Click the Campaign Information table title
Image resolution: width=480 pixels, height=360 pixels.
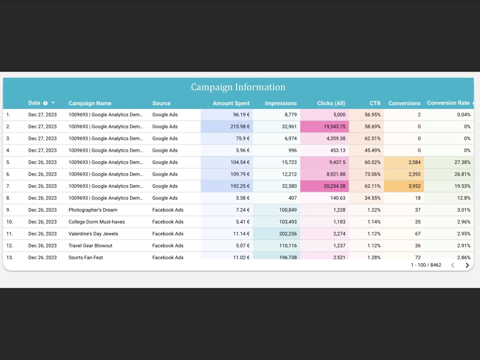click(x=238, y=87)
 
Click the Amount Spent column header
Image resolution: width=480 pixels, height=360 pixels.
click(x=231, y=103)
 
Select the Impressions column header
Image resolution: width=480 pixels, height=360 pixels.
click(x=281, y=103)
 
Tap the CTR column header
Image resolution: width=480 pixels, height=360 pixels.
click(x=375, y=103)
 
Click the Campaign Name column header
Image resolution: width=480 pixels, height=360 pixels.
click(x=90, y=103)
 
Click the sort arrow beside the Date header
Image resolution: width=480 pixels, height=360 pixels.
click(x=53, y=103)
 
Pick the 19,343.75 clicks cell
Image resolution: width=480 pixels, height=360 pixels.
click(x=331, y=127)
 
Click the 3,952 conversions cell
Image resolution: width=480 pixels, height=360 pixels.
click(x=412, y=186)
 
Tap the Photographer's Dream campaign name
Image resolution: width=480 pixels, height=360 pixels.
click(x=93, y=210)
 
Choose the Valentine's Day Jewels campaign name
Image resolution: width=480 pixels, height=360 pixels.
click(x=93, y=234)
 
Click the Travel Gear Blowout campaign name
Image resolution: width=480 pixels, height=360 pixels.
click(x=90, y=246)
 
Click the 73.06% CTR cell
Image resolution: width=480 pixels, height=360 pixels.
click(x=372, y=174)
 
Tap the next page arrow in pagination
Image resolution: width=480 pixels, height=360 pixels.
click(x=467, y=265)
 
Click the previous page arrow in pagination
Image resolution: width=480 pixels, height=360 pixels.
click(x=452, y=265)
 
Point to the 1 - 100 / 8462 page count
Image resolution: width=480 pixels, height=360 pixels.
click(x=426, y=265)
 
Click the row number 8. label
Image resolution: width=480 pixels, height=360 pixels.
click(x=9, y=198)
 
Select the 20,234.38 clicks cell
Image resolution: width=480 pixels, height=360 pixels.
click(x=331, y=186)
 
